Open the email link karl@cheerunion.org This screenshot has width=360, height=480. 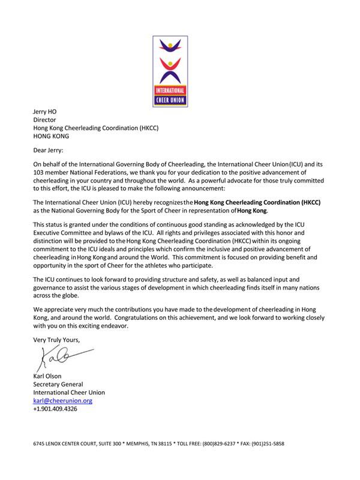[x=62, y=400]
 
